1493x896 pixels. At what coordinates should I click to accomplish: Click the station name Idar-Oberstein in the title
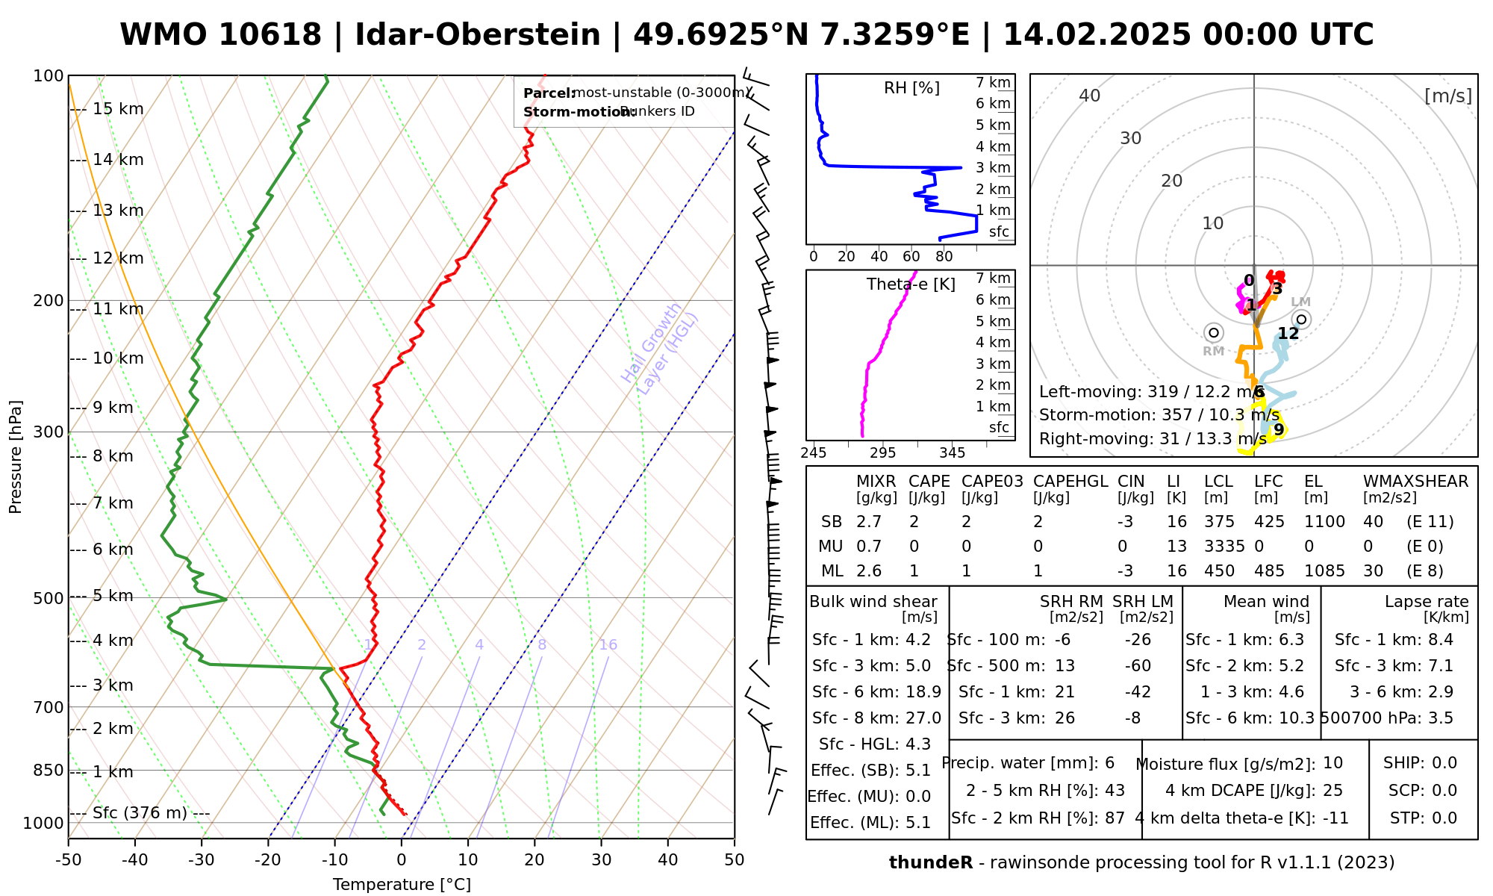478,35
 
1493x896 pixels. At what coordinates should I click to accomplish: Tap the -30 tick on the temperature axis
202,860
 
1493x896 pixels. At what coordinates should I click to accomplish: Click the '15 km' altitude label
118,109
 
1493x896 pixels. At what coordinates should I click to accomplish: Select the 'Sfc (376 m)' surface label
140,812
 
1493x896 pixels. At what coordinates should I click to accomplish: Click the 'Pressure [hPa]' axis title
16,457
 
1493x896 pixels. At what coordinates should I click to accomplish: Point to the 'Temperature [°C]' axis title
402,885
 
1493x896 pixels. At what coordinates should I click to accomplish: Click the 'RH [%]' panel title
911,88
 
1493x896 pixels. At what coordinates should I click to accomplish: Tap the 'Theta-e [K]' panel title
911,284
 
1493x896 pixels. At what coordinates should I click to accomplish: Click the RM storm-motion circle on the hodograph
1214,332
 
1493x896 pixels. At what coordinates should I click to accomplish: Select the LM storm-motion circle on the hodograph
1301,320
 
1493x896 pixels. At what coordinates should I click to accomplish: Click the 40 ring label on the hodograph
1090,96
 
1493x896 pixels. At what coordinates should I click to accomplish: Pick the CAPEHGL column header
1070,482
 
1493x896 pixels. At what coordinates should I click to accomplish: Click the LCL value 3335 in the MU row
1224,547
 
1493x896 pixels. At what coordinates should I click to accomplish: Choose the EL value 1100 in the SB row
1324,522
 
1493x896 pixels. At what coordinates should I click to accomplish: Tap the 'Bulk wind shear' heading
873,602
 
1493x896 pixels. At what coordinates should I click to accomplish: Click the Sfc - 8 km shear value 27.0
923,718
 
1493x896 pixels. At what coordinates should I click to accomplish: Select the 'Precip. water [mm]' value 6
1109,763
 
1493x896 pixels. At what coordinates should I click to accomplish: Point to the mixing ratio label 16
608,645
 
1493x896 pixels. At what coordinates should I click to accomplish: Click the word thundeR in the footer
931,863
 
